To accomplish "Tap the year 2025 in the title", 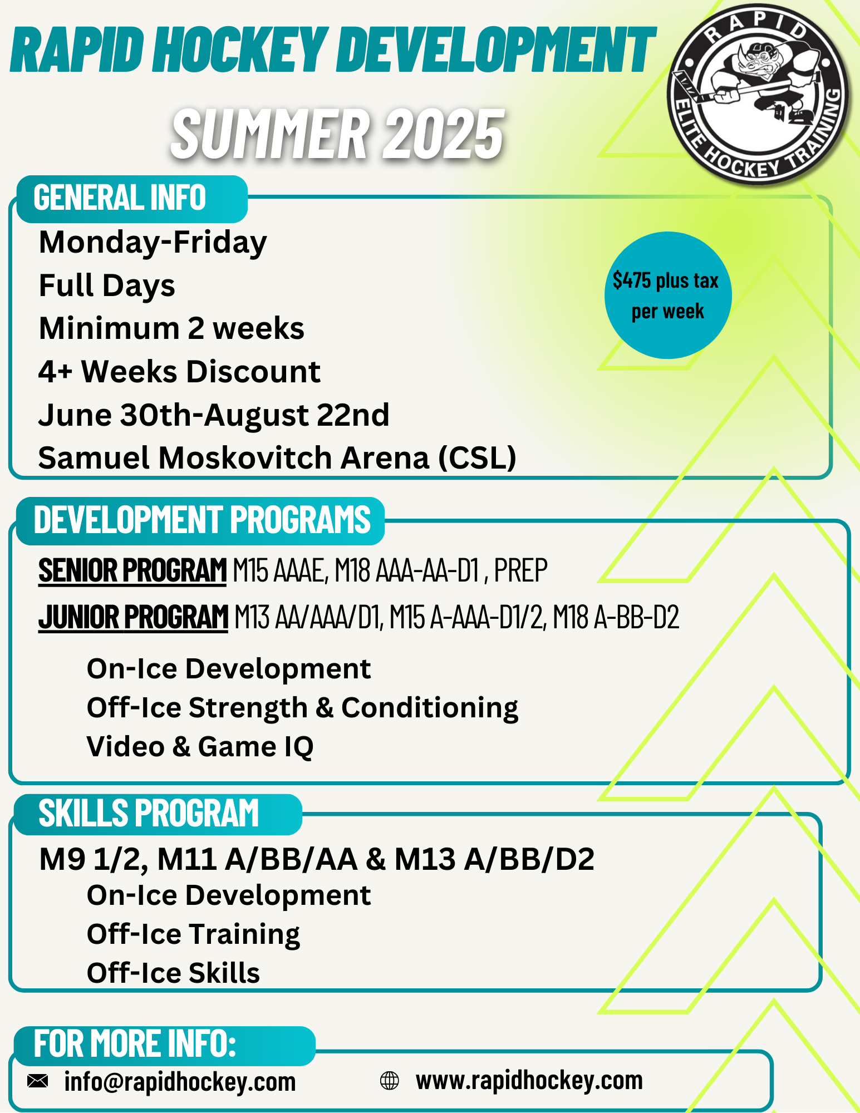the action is [x=444, y=134].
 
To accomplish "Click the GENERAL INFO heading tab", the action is [x=132, y=199].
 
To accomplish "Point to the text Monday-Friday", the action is [x=153, y=243].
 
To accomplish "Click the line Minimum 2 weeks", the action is [x=171, y=328].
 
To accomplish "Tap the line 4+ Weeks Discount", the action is [x=179, y=371].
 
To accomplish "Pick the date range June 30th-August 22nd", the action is [x=214, y=415].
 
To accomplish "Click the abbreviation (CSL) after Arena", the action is [x=478, y=458].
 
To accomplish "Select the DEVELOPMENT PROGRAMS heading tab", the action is [x=200, y=521].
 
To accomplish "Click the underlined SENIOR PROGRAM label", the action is [x=132, y=570].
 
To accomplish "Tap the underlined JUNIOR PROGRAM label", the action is [x=133, y=617].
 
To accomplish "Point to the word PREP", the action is [x=521, y=570].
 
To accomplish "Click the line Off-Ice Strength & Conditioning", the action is [x=303, y=708].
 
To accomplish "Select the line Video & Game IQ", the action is [x=200, y=747].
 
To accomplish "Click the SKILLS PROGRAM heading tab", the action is [x=158, y=814].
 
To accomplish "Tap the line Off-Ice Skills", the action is [x=174, y=973].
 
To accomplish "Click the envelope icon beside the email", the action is [x=38, y=1081].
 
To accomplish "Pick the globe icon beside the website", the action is [x=390, y=1081].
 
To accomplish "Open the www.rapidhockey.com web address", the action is [x=529, y=1081].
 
